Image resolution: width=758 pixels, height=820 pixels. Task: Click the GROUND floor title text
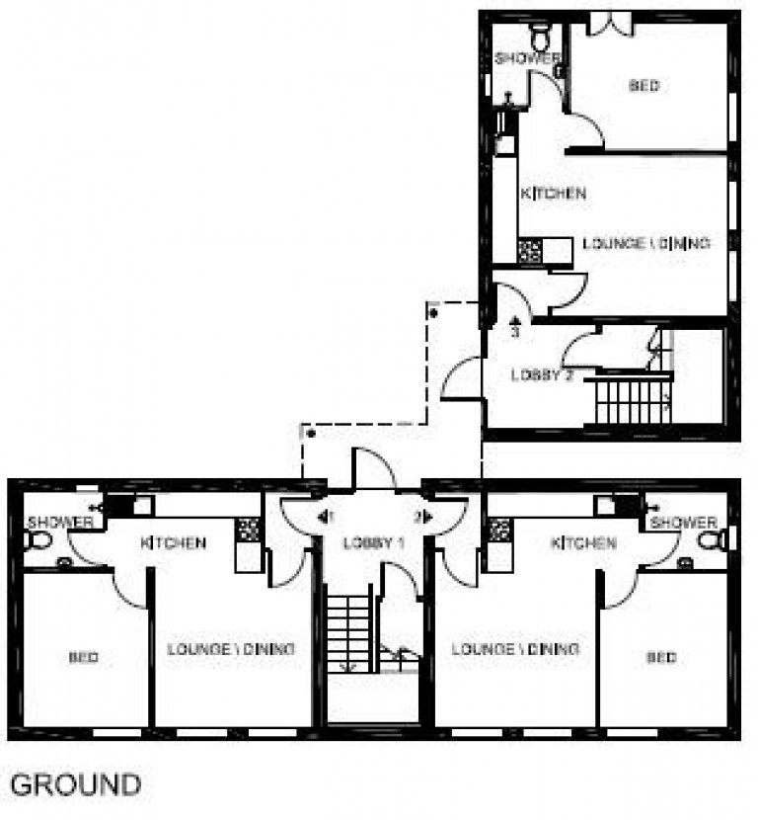pos(75,785)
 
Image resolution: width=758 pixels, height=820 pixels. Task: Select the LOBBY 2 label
pos(543,375)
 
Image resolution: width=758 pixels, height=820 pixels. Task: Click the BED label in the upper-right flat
pos(644,86)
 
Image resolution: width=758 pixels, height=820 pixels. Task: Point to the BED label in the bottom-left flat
pos(84,657)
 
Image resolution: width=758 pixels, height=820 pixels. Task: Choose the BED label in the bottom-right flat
pos(661,657)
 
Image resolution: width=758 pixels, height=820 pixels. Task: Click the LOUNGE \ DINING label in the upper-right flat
pos(646,243)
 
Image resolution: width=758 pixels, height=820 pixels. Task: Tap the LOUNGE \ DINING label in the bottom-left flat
pos(231,649)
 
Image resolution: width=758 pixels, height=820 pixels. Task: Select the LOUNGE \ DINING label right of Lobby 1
pos(514,649)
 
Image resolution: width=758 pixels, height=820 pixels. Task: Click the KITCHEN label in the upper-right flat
pos(553,194)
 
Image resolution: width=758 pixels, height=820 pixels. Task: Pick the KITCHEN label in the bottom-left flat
pos(173,542)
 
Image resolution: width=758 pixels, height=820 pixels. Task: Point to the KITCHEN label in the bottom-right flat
pos(583,542)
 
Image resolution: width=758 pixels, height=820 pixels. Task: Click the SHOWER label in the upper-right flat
pos(527,58)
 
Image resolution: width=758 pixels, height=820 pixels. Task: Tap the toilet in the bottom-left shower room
pos(38,540)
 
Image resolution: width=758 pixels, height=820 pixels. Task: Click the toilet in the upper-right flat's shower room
pos(541,38)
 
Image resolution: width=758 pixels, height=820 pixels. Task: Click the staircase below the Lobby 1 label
pos(348,631)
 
